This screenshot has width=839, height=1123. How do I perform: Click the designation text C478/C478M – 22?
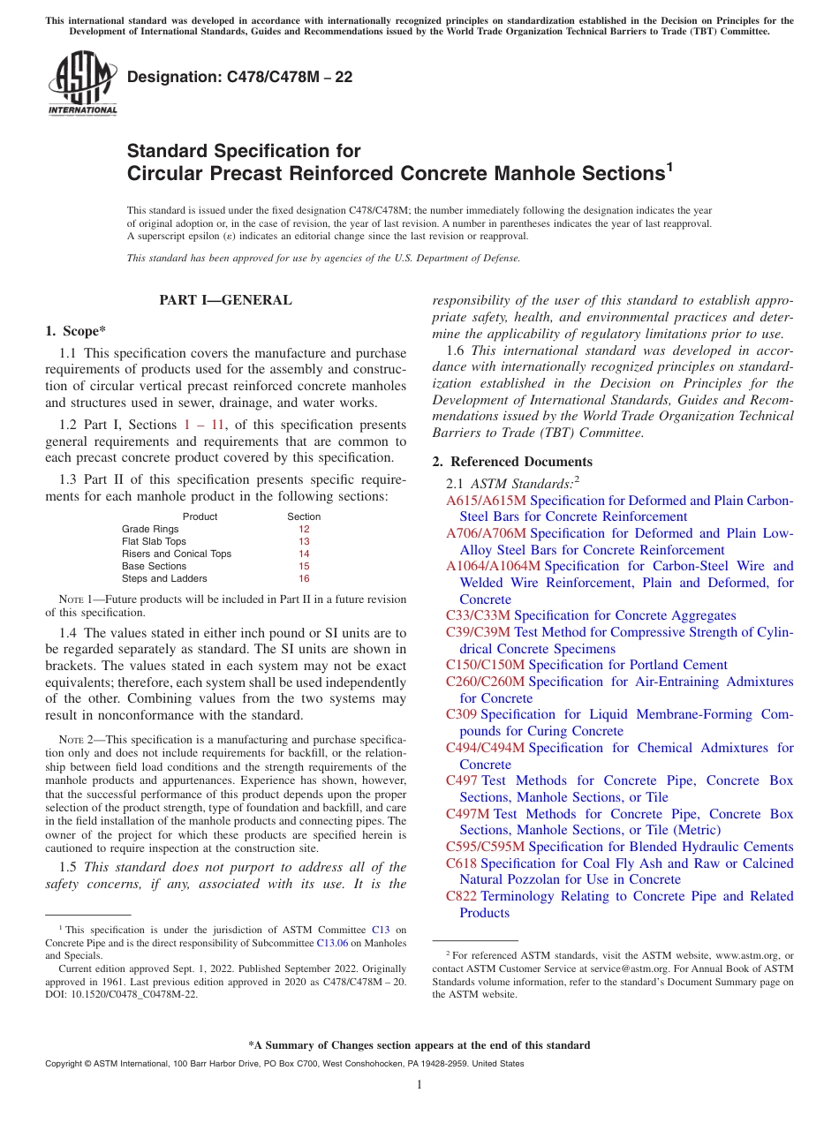(x=239, y=77)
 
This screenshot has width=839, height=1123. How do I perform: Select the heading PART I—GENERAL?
(x=225, y=300)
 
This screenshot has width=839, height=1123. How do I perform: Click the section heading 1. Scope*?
(x=75, y=331)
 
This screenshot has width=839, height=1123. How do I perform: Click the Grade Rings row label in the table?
(x=150, y=530)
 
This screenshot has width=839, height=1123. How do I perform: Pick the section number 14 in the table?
(x=304, y=554)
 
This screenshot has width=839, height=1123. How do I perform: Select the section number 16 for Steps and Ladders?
(x=304, y=579)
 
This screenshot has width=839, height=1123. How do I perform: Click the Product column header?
(x=200, y=516)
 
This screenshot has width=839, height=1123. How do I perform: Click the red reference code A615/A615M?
(x=486, y=501)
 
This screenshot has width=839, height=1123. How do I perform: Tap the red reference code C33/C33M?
(x=478, y=615)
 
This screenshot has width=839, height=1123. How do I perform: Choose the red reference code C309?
(x=461, y=714)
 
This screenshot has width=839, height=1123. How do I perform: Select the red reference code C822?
(x=461, y=896)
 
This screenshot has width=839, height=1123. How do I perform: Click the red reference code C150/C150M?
(x=485, y=665)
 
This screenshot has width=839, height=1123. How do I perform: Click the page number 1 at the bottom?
(x=419, y=1085)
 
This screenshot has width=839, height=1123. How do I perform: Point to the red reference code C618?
(x=461, y=863)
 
